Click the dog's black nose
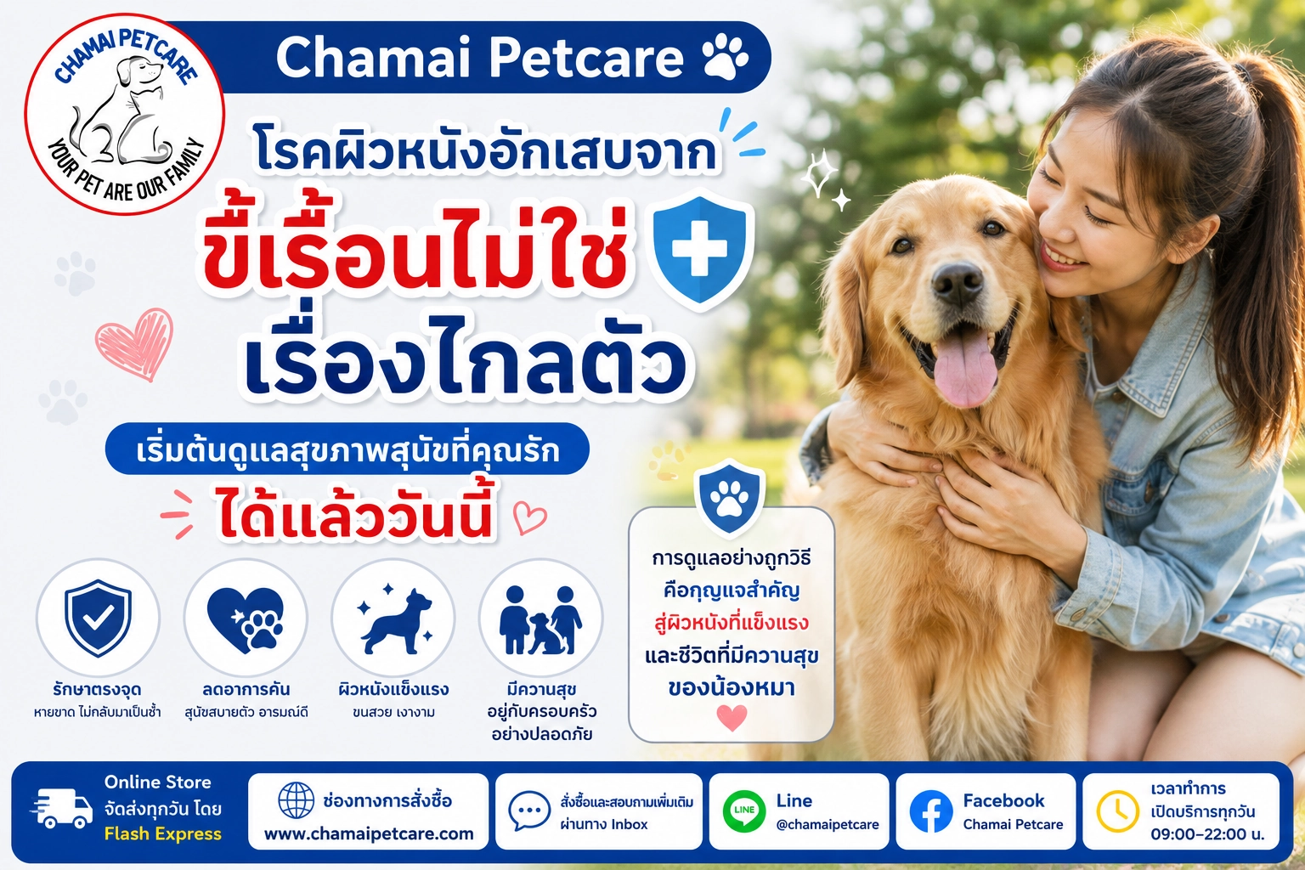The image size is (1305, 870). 958,285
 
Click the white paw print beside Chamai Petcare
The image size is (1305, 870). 726,57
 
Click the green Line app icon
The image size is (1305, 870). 744,811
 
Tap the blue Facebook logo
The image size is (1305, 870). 931,811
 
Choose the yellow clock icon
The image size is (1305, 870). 1117,811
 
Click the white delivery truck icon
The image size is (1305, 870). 62,808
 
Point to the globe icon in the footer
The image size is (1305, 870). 296,800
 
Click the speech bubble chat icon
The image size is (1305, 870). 529,810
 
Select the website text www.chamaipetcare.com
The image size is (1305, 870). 369,833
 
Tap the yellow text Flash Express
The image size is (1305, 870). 163,833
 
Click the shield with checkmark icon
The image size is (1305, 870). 98,618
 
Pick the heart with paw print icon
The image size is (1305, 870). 246,619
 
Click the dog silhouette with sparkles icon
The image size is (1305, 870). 394,619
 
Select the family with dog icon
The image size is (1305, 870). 540,620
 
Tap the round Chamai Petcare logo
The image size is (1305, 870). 125,114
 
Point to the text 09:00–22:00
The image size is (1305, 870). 1200,834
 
